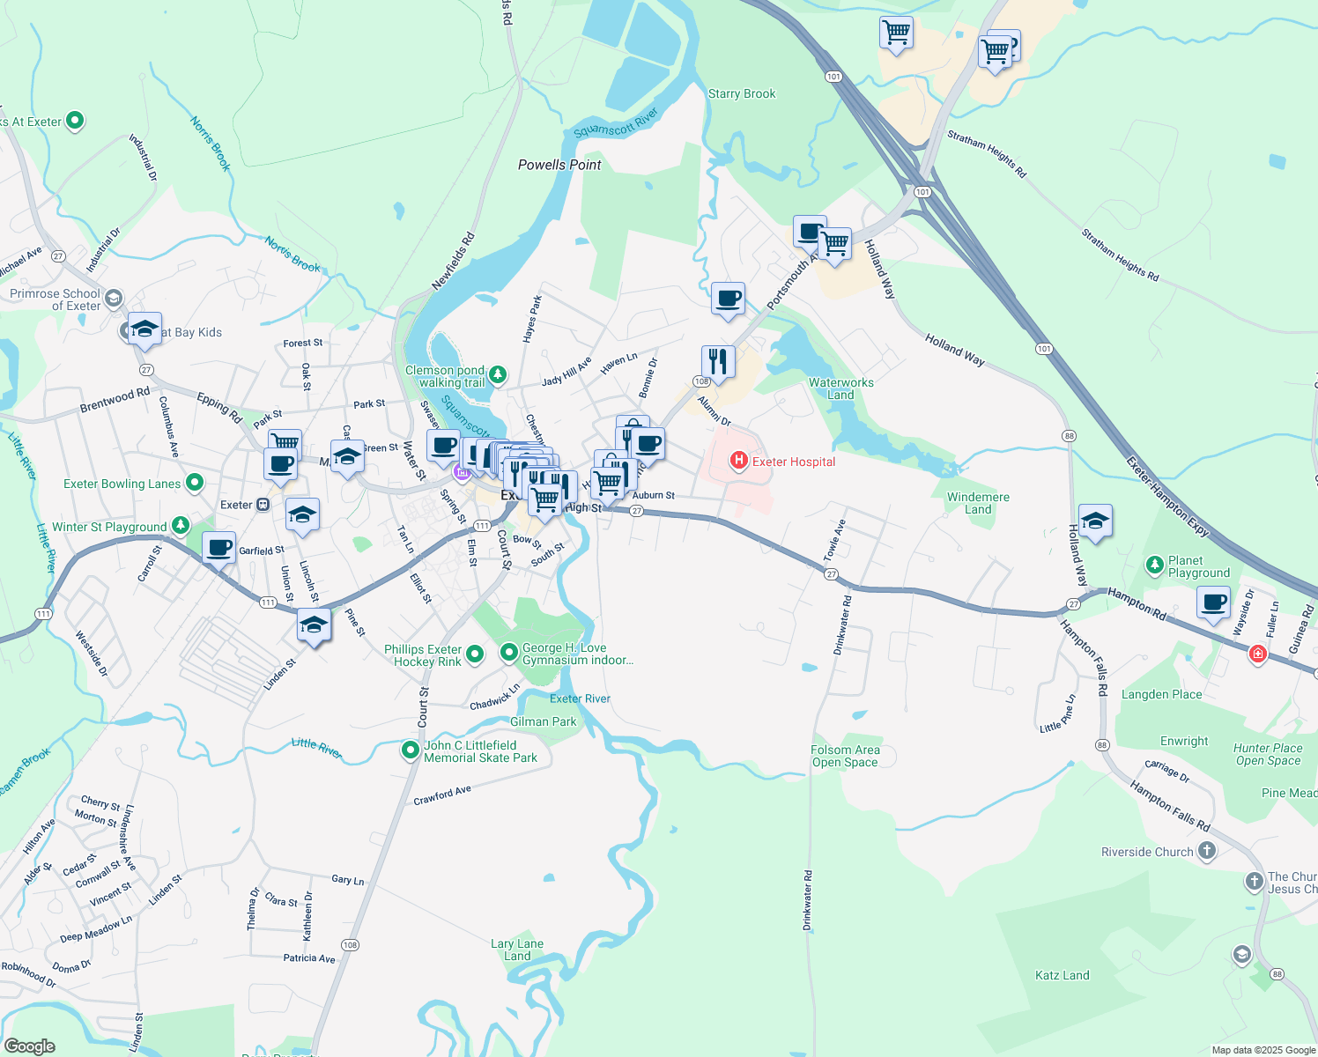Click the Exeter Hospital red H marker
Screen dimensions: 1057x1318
[x=738, y=461]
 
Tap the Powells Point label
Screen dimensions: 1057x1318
[x=559, y=165]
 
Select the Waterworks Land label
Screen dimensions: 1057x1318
[x=840, y=388]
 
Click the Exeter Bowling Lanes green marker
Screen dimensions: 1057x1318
[x=195, y=483]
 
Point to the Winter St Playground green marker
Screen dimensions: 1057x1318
[x=181, y=526]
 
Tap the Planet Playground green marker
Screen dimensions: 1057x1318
[x=1154, y=565]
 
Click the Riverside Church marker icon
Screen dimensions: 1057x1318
[x=1207, y=851]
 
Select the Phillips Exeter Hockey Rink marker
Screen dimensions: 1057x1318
[x=475, y=654]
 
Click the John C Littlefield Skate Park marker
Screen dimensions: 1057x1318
[x=410, y=750]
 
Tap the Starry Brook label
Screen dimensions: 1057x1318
[x=742, y=93]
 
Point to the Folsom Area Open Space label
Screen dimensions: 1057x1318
[x=845, y=756]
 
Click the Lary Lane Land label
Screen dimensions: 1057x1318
[x=517, y=950]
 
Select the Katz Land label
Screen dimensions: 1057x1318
[x=1062, y=975]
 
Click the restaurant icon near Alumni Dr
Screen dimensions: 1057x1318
[x=718, y=361]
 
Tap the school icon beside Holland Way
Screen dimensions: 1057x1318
[x=1094, y=521]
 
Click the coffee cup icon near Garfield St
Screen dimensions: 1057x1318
[x=218, y=548]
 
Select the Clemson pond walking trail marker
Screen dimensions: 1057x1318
[x=498, y=375]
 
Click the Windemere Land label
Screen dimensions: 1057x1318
[x=978, y=503]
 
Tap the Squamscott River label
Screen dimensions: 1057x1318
[x=616, y=123]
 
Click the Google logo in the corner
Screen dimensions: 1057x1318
[x=29, y=1046]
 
